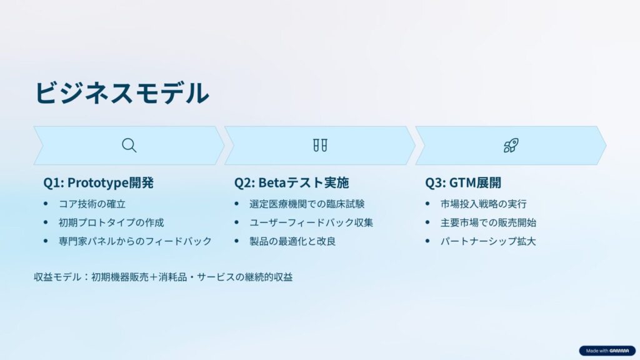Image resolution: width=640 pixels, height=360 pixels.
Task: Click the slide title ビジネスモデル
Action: coord(122,92)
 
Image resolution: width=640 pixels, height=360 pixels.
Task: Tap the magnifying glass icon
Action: coord(129,145)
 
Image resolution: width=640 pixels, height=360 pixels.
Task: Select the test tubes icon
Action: coord(320,145)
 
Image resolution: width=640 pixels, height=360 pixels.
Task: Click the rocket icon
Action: coord(511,145)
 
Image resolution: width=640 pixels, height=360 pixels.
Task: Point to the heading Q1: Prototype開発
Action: coord(98,182)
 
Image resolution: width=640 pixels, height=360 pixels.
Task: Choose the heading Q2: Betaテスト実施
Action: coord(291,182)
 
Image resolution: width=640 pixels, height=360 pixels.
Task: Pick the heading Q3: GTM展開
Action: coord(463,182)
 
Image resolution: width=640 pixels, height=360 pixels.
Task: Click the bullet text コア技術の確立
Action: coord(92,204)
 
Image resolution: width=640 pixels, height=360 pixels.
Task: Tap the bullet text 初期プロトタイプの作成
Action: coord(111,222)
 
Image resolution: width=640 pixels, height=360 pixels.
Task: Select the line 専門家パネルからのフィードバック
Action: coord(135,241)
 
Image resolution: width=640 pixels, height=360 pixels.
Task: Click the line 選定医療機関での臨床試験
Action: coord(307,204)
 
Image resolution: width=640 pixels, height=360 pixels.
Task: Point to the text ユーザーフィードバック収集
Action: coord(311,222)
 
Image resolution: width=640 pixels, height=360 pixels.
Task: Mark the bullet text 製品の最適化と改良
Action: coord(292,241)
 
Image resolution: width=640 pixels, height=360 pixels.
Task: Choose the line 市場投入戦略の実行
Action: coord(484,204)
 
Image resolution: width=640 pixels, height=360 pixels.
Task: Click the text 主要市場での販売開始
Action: coord(488,222)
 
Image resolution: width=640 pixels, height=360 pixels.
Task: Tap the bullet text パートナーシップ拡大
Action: coord(488,241)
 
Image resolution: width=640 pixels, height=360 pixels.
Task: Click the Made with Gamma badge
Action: coord(607,351)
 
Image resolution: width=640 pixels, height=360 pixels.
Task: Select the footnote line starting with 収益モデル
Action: coord(163,277)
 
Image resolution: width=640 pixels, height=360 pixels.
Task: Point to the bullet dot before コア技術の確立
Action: coord(46,203)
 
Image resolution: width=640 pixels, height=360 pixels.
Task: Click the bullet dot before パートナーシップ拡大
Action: coord(427,241)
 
